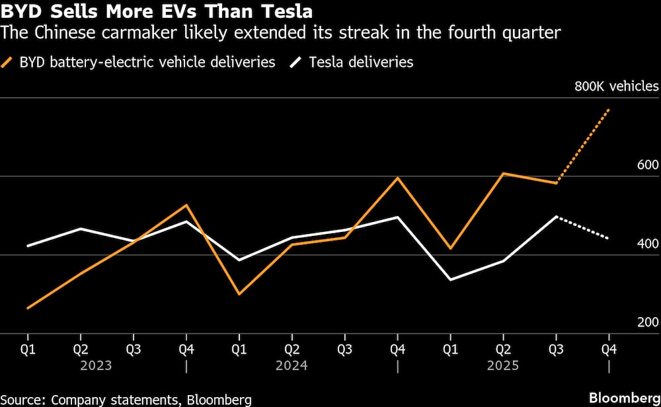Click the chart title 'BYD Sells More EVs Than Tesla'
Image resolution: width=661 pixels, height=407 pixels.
point(157,11)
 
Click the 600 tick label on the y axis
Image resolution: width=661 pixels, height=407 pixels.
point(648,165)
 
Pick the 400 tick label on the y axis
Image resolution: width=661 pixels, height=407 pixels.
point(648,244)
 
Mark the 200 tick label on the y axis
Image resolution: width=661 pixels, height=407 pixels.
point(648,322)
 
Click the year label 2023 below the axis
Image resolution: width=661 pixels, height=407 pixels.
point(96,365)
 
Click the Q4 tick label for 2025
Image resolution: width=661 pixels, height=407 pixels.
point(608,348)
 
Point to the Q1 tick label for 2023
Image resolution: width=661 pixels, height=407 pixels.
point(28,348)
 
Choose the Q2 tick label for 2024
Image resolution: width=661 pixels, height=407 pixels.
point(292,348)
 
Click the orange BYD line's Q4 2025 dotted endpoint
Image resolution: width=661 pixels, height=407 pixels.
point(608,110)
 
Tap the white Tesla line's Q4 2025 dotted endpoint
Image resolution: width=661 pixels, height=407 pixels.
point(608,238)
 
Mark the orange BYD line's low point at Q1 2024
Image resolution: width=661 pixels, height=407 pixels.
point(239,294)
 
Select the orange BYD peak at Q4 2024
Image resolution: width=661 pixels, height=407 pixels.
point(397,178)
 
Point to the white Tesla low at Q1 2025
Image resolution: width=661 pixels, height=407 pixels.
point(450,280)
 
